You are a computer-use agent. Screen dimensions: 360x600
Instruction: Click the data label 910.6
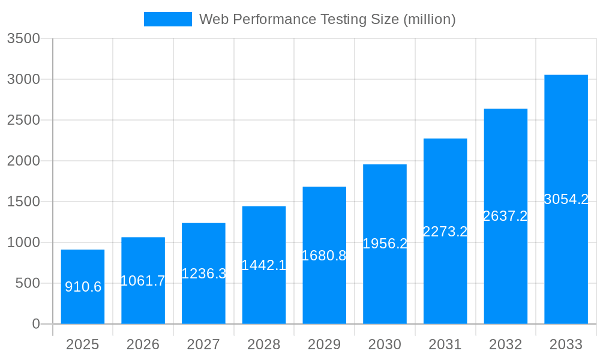(x=83, y=287)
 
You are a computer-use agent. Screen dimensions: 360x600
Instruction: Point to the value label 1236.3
(x=203, y=274)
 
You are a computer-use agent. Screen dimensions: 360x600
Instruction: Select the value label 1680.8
(x=324, y=256)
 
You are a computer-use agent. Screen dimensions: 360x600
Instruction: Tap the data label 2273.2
(x=445, y=232)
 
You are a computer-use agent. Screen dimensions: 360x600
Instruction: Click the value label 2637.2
(x=505, y=216)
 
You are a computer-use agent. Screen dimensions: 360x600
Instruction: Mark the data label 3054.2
(x=566, y=199)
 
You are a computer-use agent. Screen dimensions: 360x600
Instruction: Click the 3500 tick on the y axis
(x=23, y=38)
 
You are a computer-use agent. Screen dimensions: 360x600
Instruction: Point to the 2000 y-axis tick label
(x=23, y=161)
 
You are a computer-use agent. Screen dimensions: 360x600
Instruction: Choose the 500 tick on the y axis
(x=28, y=283)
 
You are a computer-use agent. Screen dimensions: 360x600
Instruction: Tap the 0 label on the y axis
(x=35, y=324)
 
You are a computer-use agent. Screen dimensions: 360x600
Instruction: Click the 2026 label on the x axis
(x=143, y=344)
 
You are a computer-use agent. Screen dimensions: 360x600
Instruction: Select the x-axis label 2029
(x=324, y=344)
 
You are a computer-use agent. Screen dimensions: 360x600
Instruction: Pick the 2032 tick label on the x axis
(x=505, y=344)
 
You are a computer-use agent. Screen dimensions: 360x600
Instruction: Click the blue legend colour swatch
(x=168, y=19)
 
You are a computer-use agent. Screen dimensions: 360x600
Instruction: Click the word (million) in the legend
(x=429, y=19)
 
